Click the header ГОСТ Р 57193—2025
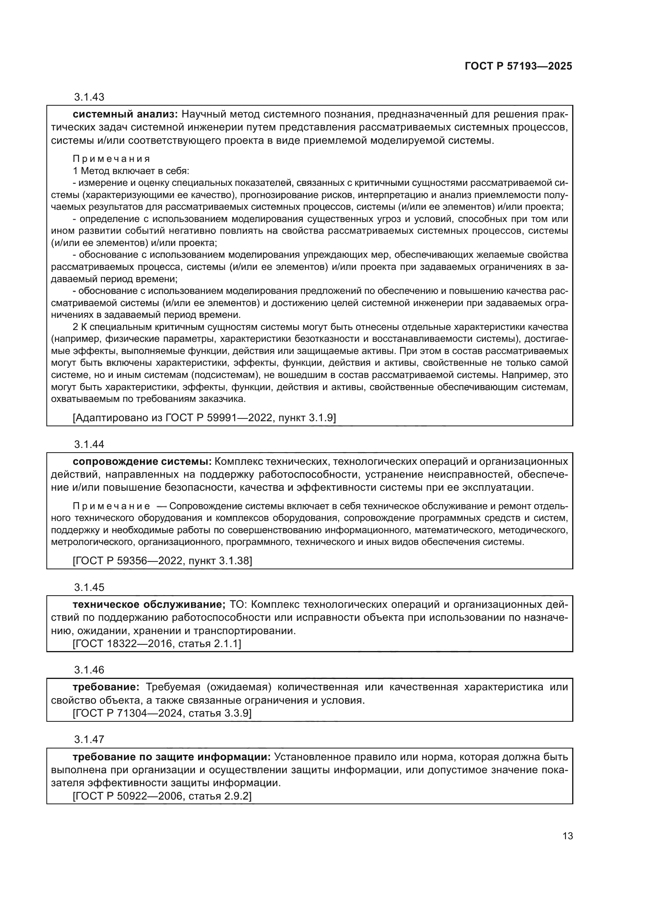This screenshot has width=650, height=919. [x=518, y=66]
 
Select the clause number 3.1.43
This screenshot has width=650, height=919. [x=89, y=97]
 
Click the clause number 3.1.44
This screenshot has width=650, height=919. [x=89, y=444]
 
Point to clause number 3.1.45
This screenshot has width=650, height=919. [x=89, y=587]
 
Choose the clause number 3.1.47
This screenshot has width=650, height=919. [x=89, y=739]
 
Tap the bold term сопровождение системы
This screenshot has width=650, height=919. [x=142, y=462]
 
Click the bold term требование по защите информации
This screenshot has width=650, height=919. [x=172, y=756]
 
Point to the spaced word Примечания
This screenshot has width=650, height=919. [x=111, y=159]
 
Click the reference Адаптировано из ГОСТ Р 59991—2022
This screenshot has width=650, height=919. [x=204, y=418]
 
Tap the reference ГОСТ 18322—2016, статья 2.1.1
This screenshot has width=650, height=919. [x=156, y=644]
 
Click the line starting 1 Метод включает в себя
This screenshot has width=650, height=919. [x=131, y=171]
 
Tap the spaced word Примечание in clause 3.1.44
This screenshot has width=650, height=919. [x=111, y=506]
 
